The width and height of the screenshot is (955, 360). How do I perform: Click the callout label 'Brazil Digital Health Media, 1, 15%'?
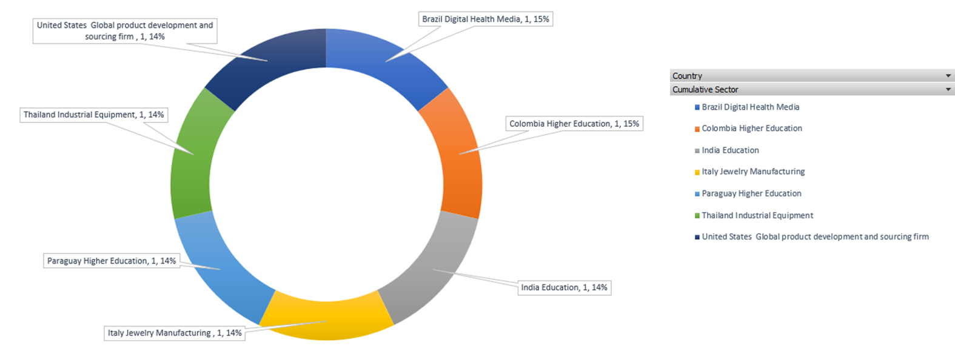(x=486, y=19)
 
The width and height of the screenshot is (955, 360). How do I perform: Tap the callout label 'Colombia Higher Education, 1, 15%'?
(x=574, y=124)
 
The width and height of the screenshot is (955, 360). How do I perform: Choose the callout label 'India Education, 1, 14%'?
(x=564, y=287)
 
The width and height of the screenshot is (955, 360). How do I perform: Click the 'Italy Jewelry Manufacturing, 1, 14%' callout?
(x=175, y=333)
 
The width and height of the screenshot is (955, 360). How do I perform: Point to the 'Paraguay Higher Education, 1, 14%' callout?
(x=112, y=261)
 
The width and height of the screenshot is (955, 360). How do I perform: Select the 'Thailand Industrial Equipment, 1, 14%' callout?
(x=93, y=115)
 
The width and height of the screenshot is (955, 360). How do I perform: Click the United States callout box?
(x=125, y=31)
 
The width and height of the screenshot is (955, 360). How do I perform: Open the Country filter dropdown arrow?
(x=948, y=76)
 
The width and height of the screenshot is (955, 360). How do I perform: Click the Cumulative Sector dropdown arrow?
(x=948, y=90)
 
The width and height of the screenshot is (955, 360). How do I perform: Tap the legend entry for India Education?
(x=730, y=150)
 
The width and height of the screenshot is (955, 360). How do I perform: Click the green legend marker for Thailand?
(x=697, y=216)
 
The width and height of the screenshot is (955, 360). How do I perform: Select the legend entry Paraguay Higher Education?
(x=751, y=193)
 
